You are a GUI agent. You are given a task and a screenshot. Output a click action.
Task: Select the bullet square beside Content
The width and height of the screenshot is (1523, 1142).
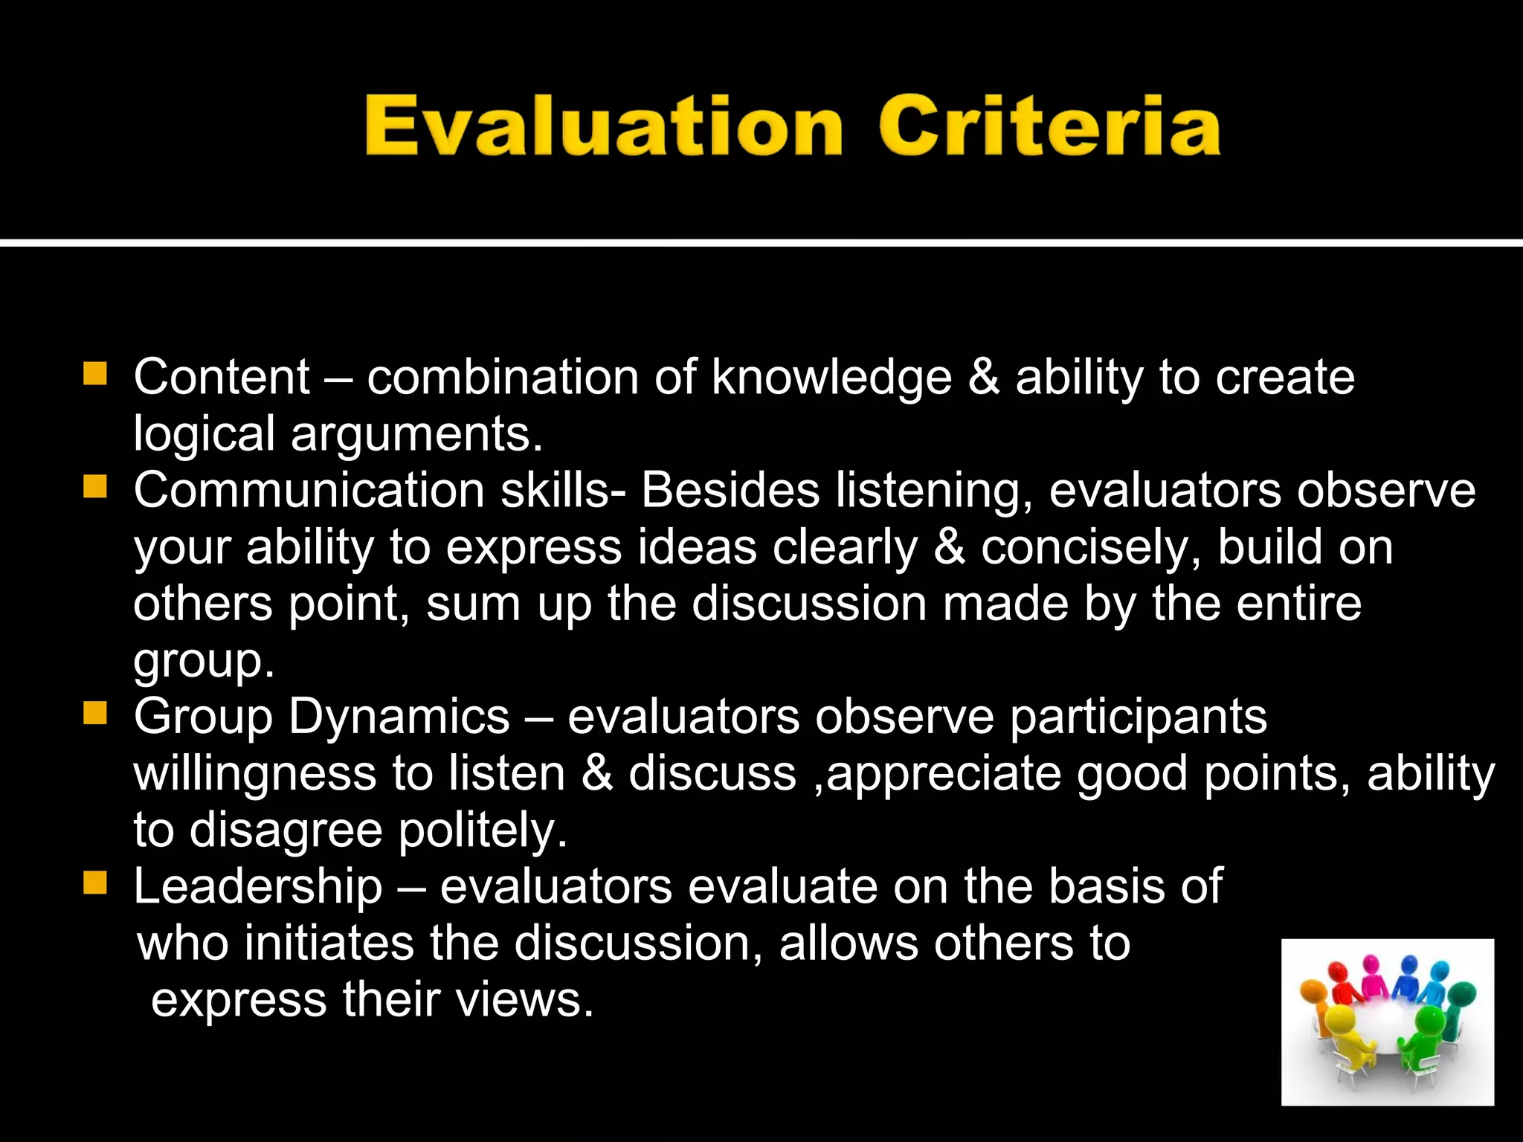click(95, 374)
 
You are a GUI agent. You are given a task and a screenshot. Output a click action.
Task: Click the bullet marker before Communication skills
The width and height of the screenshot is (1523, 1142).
click(95, 488)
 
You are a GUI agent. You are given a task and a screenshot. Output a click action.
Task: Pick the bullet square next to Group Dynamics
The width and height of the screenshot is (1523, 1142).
click(95, 714)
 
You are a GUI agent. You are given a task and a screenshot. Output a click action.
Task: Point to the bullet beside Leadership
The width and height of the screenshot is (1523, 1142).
click(95, 884)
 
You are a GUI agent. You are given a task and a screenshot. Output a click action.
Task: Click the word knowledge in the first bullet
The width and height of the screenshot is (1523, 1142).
click(831, 378)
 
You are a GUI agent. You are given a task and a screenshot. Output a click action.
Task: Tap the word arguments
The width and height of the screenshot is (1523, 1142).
click(416, 434)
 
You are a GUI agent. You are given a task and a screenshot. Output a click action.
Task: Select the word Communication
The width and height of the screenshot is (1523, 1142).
click(309, 491)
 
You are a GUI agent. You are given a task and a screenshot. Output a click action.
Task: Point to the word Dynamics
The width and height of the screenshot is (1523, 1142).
click(399, 718)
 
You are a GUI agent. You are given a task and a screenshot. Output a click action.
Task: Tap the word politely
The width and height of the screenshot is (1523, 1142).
click(483, 831)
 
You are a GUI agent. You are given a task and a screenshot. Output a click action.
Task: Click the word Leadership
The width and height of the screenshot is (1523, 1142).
click(258, 887)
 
